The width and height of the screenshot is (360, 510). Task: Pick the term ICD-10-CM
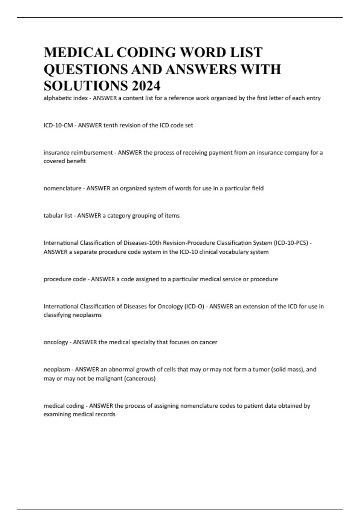(x=58, y=125)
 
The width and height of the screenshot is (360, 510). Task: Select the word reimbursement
(x=92, y=153)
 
